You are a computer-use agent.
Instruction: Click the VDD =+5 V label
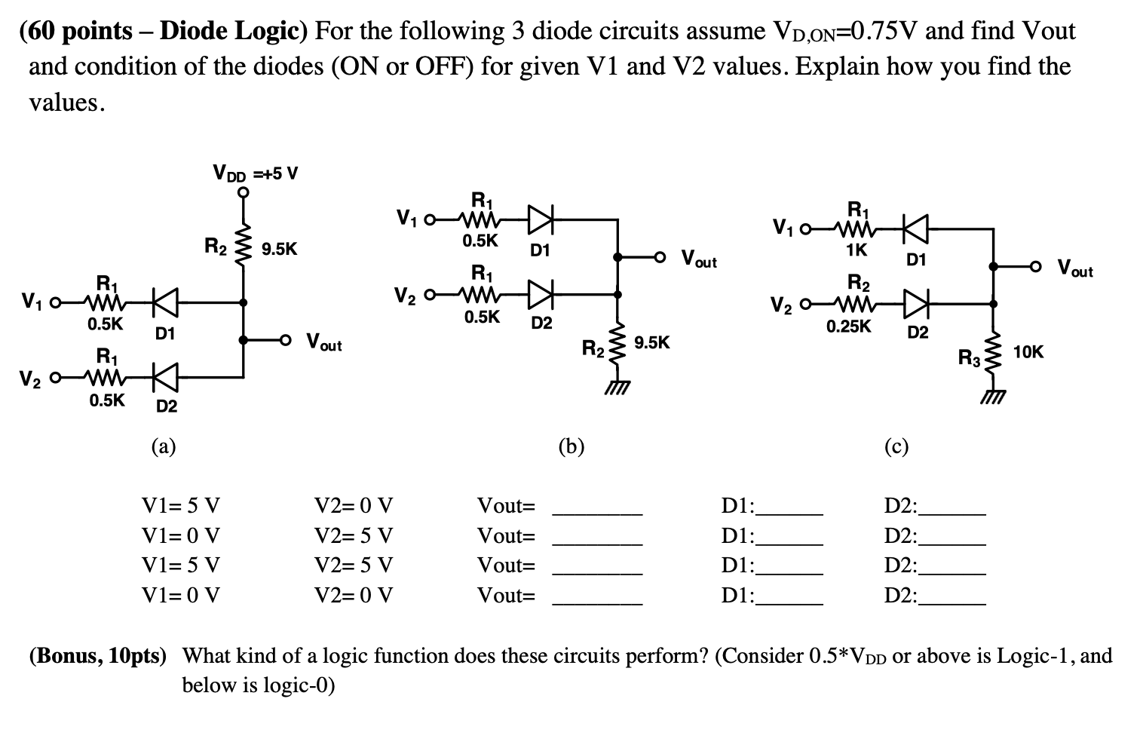click(256, 173)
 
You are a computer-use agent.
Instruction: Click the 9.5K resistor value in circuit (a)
click(279, 249)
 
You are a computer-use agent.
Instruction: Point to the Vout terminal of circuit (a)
click(286, 340)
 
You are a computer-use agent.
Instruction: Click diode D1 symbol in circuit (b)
click(540, 220)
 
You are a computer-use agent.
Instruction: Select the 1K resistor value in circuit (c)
click(856, 249)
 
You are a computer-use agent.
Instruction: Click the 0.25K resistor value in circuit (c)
click(848, 326)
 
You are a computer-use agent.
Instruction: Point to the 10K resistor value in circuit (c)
click(1028, 351)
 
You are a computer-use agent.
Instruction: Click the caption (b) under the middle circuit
click(571, 447)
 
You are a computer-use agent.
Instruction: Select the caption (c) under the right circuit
click(896, 447)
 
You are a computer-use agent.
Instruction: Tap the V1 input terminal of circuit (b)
click(430, 221)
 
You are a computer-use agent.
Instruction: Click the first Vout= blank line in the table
click(597, 513)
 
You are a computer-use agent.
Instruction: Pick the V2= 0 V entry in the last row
click(353, 596)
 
